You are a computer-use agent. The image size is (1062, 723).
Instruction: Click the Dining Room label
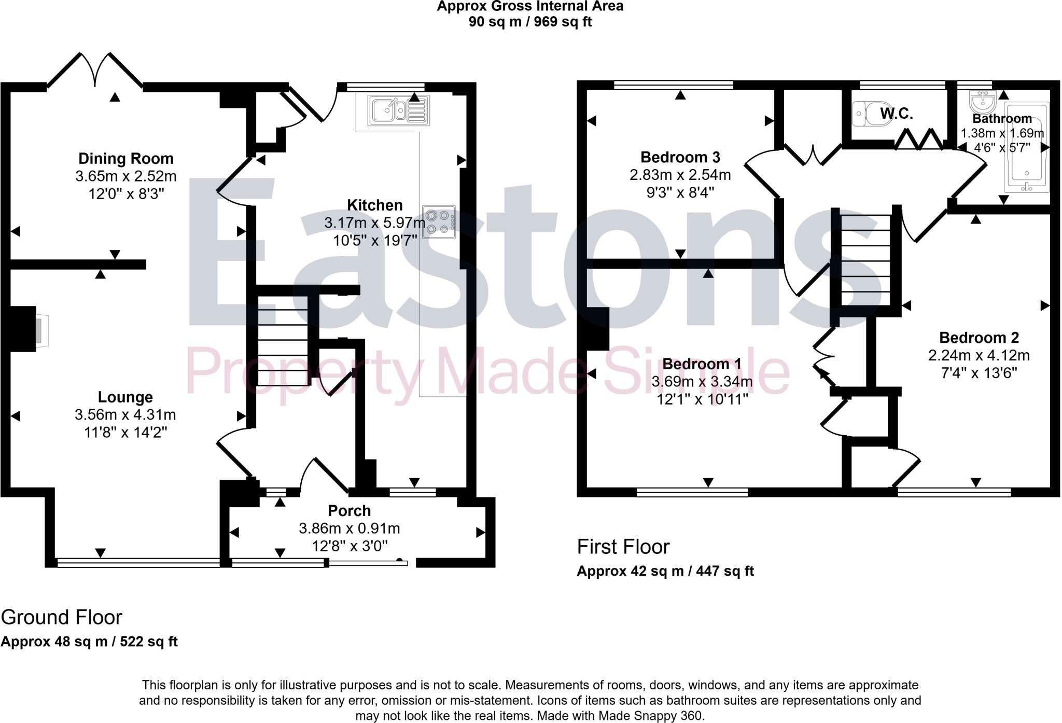coord(125,159)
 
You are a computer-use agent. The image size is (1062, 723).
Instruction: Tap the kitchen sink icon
coord(398,110)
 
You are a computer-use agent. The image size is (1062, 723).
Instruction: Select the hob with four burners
coord(439,222)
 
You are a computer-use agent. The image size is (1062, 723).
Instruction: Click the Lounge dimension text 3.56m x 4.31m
coord(125,415)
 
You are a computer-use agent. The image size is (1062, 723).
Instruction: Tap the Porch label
coord(350,511)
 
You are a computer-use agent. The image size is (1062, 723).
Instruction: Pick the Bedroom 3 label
coord(680,157)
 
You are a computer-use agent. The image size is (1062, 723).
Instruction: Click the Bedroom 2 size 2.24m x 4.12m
coord(979,356)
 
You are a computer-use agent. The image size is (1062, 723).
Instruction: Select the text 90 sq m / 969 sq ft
coord(530,22)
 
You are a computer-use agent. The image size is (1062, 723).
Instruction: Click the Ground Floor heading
coord(61,617)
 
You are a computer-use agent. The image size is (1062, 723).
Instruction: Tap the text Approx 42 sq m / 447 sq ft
coord(665,571)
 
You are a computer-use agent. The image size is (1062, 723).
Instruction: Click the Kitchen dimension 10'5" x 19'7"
coord(375,241)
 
